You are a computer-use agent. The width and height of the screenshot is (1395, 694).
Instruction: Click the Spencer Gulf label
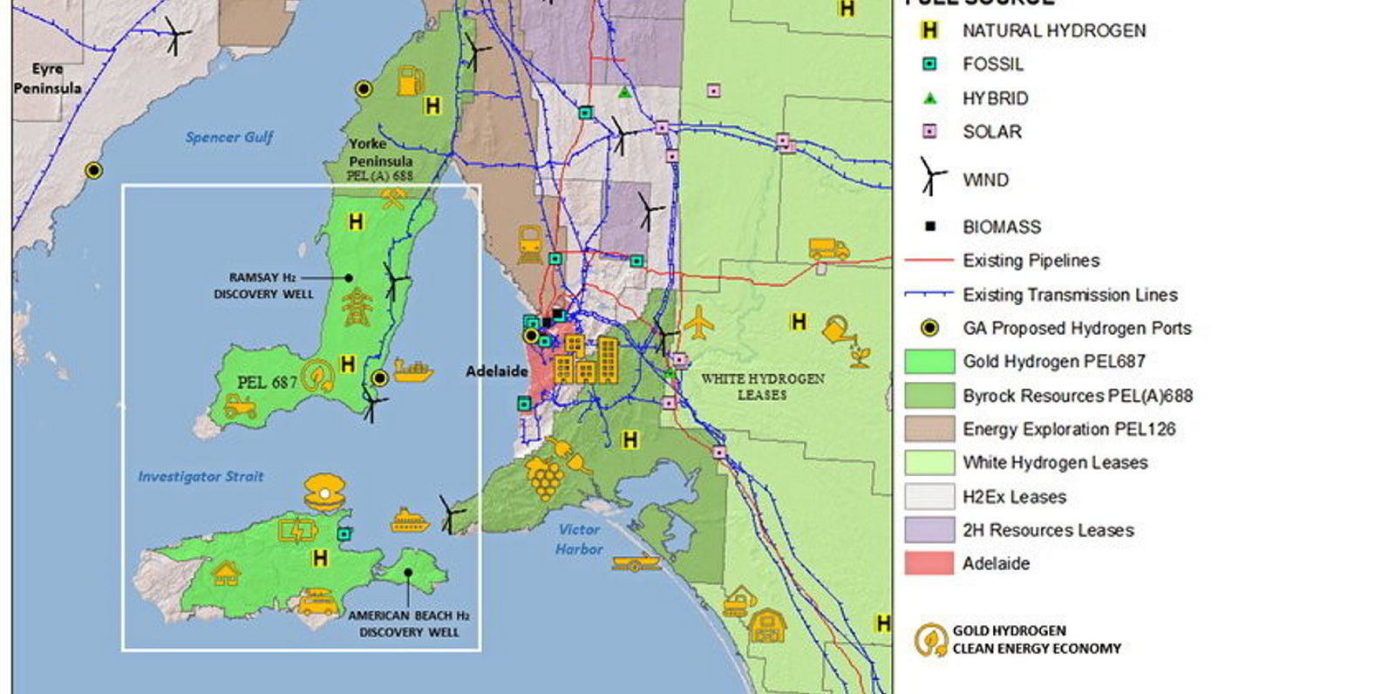[229, 137]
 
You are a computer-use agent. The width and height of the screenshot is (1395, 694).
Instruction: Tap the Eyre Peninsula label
[47, 78]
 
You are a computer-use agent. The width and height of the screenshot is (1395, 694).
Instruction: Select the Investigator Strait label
[201, 477]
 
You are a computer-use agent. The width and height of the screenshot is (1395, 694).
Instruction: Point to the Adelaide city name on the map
[496, 371]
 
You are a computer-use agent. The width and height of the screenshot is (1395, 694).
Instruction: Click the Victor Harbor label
[579, 539]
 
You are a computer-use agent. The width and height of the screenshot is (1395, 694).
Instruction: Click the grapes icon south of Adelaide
[543, 479]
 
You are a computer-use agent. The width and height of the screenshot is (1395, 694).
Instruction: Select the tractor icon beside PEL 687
[240, 406]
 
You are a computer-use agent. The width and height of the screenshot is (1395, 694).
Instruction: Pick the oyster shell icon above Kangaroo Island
[324, 493]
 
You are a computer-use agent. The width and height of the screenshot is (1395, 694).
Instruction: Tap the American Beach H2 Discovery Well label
[408, 623]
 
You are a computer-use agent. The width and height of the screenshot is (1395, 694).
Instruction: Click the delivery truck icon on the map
[828, 249]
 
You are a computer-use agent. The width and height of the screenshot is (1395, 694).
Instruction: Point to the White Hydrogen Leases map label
[762, 386]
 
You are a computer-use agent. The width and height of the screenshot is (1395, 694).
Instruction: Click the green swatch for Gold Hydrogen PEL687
[929, 361]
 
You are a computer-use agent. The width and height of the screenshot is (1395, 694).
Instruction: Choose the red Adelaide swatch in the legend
[929, 563]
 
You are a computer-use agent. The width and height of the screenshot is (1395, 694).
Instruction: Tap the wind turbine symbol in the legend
[931, 177]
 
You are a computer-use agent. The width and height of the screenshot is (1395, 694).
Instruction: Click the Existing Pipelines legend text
[1031, 261]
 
